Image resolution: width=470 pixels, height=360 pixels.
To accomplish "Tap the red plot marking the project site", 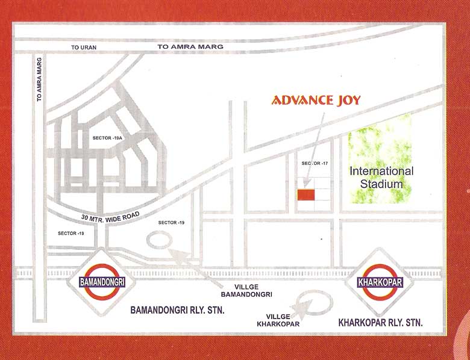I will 305,194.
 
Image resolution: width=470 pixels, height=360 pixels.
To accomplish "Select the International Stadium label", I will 381,177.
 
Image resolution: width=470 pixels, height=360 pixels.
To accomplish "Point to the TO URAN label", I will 83,47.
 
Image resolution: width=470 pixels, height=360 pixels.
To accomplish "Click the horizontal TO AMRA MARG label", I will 190,46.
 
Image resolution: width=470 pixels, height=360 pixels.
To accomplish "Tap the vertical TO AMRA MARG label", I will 39,78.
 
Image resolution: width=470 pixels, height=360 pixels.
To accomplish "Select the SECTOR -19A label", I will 107,138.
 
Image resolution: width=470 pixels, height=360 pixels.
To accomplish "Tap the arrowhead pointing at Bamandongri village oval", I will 175,253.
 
